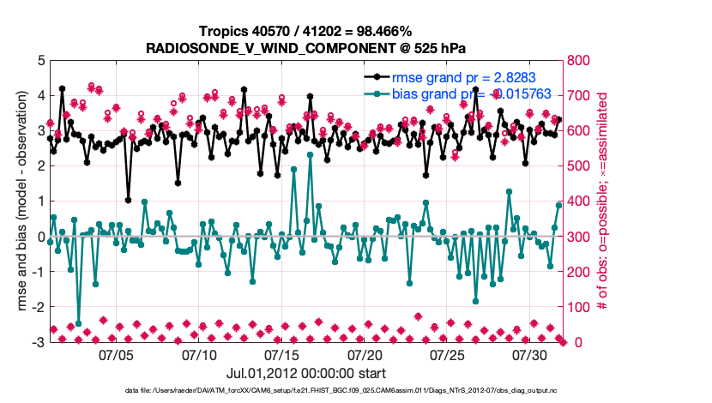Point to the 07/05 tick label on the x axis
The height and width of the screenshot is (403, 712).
(117, 354)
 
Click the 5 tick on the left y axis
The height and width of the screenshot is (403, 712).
(40, 61)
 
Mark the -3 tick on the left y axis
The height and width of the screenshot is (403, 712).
(38, 342)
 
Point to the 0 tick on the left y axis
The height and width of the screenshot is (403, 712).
(40, 237)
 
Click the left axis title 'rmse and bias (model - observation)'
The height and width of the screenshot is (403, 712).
(18, 201)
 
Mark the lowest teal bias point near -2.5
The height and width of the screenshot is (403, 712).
(79, 323)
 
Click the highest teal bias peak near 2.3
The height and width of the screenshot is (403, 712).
(310, 155)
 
